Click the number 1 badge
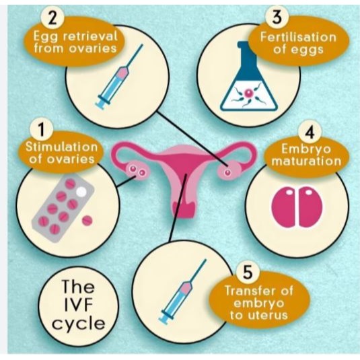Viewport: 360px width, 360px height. (42, 129)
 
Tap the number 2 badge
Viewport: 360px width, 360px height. (52, 19)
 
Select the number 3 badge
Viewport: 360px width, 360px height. (277, 17)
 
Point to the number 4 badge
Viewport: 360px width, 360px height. (310, 133)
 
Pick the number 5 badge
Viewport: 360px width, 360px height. (248, 273)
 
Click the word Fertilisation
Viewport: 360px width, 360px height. (298, 37)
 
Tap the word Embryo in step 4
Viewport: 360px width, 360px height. (306, 149)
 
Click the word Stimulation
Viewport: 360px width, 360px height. (61, 147)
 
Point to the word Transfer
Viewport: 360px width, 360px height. (251, 291)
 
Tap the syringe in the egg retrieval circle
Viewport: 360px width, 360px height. (119, 76)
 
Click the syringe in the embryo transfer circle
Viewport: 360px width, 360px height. (183, 291)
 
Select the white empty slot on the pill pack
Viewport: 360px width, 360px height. (81, 192)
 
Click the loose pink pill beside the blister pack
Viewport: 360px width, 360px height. (87, 221)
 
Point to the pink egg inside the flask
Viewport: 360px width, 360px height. (249, 93)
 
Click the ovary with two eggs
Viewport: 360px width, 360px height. (138, 170)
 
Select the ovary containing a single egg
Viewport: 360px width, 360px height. (229, 171)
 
